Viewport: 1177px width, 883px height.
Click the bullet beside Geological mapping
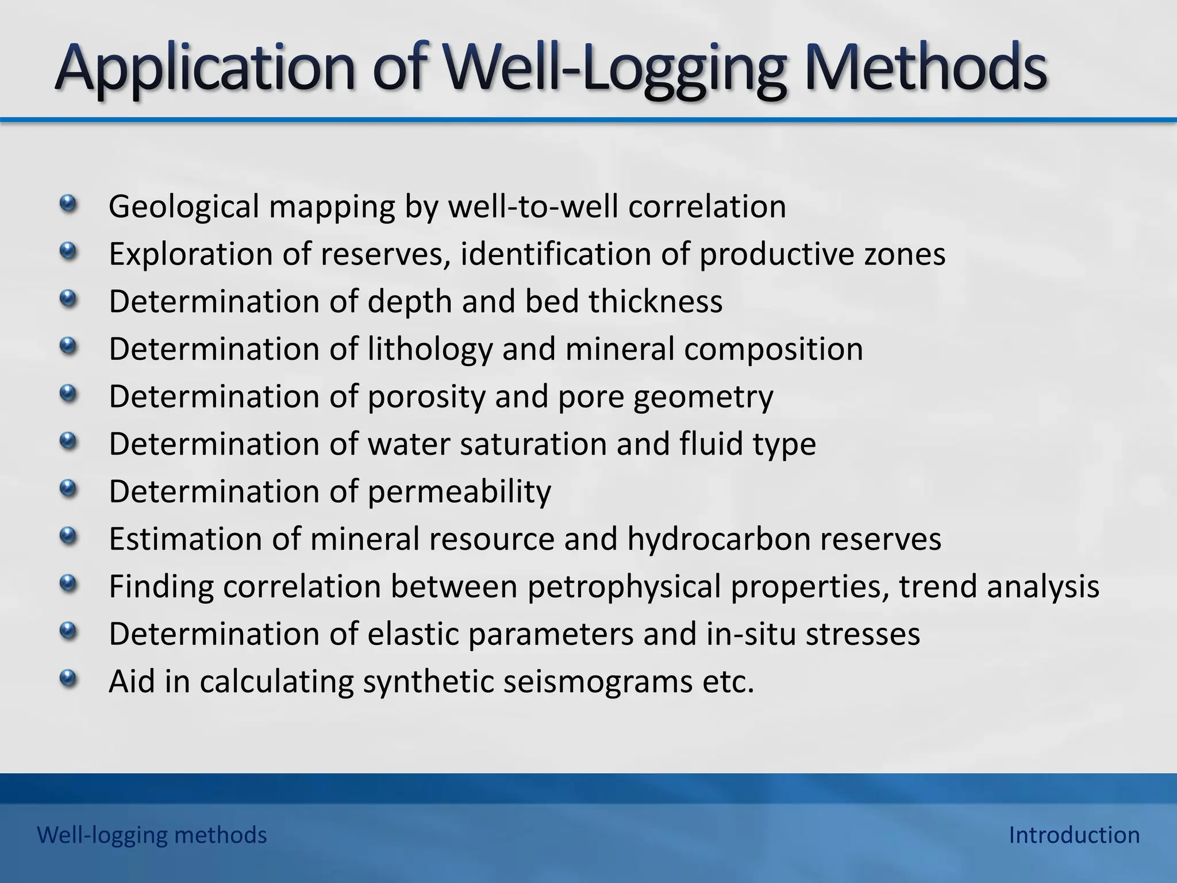(68, 204)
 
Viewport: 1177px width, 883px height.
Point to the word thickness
(655, 301)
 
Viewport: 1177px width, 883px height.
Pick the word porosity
(426, 397)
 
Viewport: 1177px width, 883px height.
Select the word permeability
(459, 492)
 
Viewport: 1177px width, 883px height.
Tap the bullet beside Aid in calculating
(68, 679)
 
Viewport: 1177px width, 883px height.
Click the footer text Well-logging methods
(152, 835)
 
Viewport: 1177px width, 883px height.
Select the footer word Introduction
(1074, 835)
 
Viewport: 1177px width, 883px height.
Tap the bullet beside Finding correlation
(68, 584)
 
